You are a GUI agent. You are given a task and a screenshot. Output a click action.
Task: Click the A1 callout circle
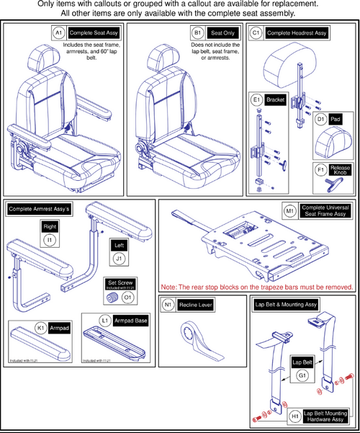(x=58, y=33)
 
